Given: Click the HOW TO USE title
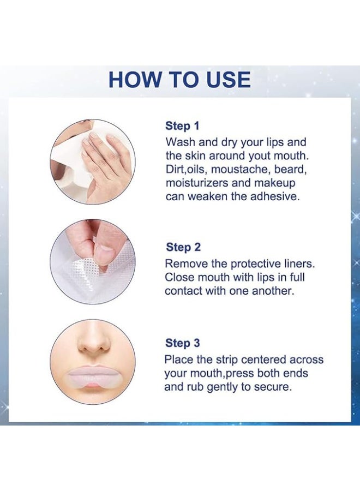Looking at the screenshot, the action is point(179,80).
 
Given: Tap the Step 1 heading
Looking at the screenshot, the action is point(182,126).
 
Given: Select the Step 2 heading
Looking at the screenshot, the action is point(183,247).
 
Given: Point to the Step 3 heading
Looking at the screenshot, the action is point(183,343).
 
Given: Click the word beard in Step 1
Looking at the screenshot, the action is point(290,169).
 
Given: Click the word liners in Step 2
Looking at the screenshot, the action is point(299,264).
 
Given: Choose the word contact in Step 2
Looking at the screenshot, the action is point(183,291).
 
